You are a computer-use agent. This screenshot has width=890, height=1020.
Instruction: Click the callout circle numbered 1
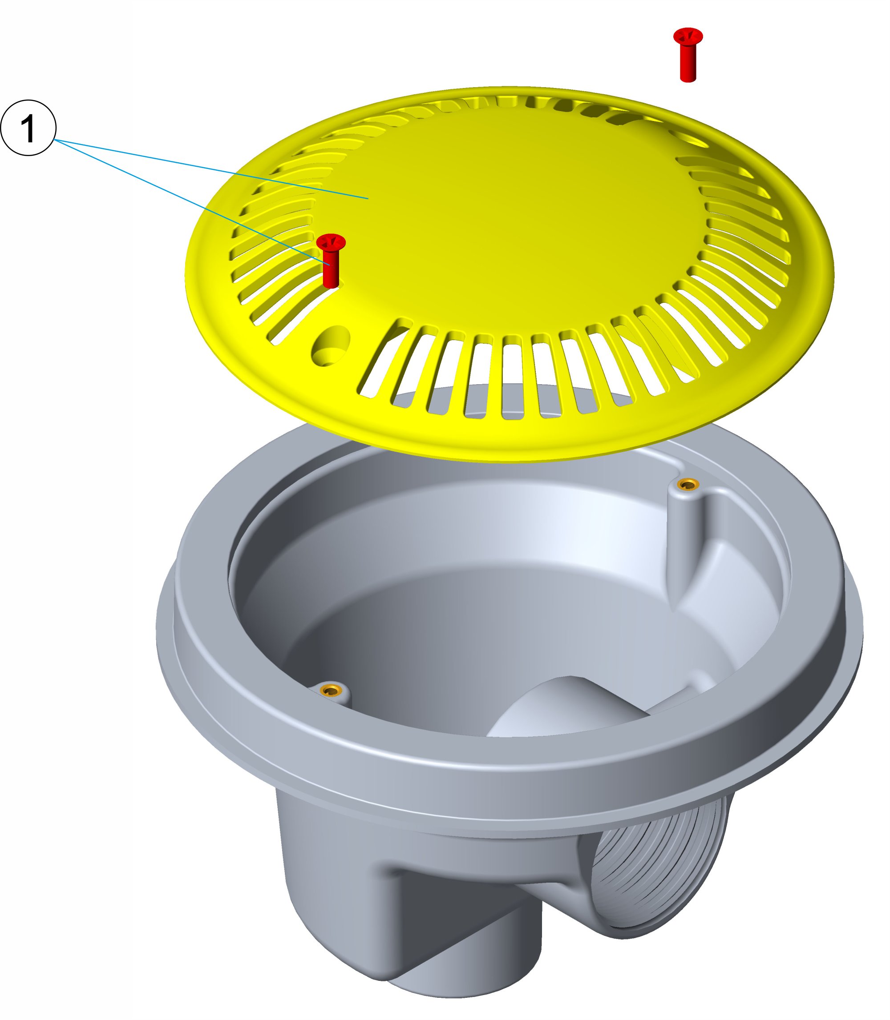coord(28,128)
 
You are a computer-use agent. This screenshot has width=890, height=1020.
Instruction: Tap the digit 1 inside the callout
coord(28,128)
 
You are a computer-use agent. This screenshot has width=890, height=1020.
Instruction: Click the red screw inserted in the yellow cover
coord(331,261)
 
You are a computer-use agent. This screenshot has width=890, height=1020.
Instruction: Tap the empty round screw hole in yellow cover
coord(331,346)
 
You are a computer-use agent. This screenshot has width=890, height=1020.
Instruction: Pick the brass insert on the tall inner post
coord(688,483)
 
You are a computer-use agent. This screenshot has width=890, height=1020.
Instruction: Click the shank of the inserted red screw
coord(331,270)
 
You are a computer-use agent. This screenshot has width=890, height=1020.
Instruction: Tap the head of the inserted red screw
coord(331,242)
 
